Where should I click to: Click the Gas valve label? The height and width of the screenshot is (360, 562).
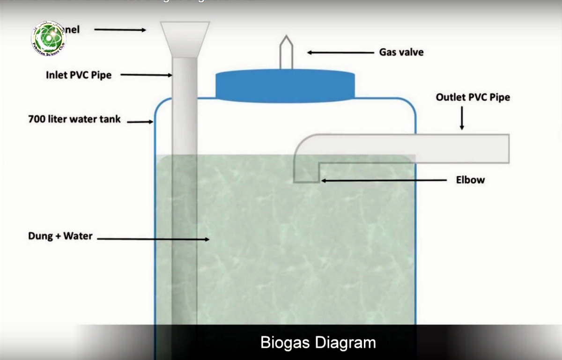401,52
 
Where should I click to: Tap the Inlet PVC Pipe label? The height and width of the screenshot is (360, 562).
79,75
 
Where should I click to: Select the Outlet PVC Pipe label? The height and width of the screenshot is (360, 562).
473,97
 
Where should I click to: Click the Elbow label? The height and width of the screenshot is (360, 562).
470,180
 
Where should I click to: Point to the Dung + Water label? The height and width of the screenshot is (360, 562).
60,236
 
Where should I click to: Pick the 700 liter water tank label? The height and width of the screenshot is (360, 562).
74,119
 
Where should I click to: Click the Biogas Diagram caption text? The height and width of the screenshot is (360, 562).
318,342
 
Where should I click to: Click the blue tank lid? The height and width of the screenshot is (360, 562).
285,86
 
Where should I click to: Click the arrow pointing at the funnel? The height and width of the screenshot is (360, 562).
120,30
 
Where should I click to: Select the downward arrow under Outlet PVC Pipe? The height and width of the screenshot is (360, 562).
462,118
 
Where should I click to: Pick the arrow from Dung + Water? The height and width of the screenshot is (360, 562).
153,239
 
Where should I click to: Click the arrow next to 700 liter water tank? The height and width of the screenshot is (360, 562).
140,122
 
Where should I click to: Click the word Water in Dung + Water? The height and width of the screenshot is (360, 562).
78,236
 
